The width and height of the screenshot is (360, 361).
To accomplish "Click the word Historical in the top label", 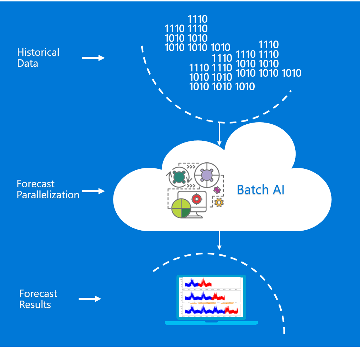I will [x=38, y=53].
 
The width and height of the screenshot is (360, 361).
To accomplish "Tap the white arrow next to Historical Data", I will [x=93, y=58].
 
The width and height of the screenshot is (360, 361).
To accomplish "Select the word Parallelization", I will [x=48, y=195].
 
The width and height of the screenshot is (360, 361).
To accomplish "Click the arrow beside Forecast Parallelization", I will [x=93, y=191].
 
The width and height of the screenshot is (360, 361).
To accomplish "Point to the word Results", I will [x=35, y=305].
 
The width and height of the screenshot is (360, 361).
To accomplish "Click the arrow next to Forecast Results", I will [x=90, y=299].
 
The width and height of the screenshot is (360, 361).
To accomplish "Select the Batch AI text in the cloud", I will [x=260, y=190].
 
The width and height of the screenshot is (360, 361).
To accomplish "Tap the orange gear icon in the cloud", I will [x=219, y=203].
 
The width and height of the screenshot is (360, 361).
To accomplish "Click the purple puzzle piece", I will [x=217, y=190].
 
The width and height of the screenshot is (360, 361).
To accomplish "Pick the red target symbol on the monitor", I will [x=196, y=199].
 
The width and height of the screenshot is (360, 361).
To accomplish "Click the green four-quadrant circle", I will [x=181, y=208].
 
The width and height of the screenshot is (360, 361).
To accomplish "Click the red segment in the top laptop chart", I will [x=205, y=283].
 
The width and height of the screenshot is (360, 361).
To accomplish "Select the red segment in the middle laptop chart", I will [x=218, y=297].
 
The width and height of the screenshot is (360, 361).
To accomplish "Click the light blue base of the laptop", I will [x=211, y=323].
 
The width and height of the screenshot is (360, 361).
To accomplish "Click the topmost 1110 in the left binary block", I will [x=197, y=19].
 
